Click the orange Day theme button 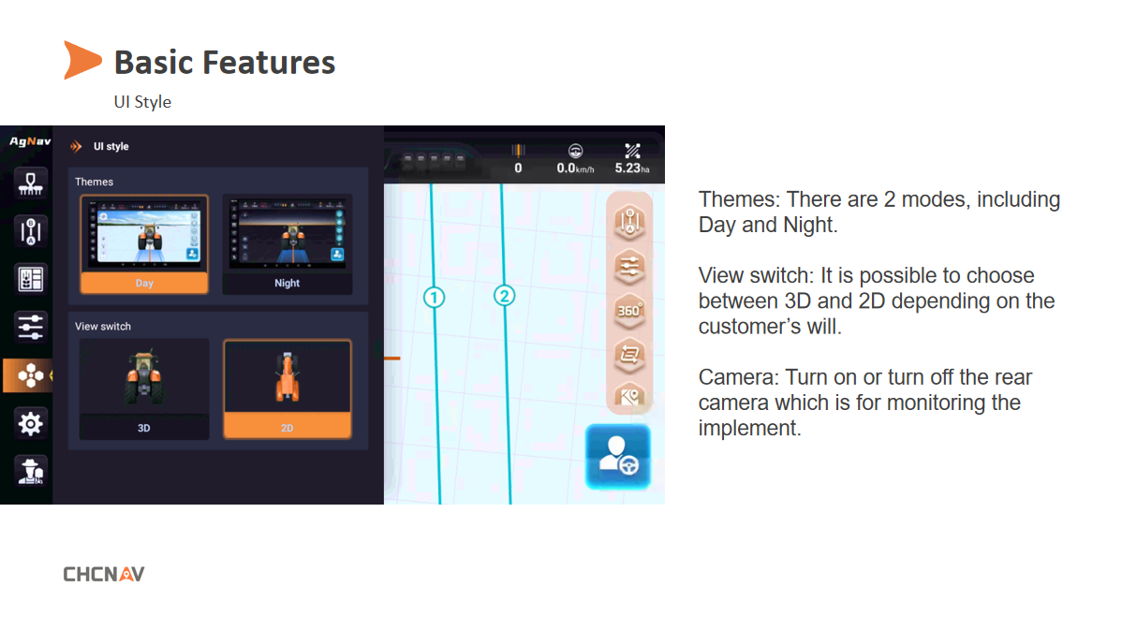[x=144, y=284]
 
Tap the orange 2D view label [x=287, y=428]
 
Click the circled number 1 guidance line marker [x=434, y=297]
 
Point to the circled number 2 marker [x=505, y=295]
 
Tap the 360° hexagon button [x=629, y=311]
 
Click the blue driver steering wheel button [x=618, y=457]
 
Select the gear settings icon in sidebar [x=30, y=424]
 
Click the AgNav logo [x=30, y=140]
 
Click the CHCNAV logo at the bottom [x=104, y=574]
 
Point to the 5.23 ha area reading [x=632, y=168]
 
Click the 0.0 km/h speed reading [x=575, y=168]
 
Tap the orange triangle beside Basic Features [x=81, y=60]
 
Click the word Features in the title [x=269, y=62]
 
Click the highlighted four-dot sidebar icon [x=30, y=375]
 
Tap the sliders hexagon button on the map [x=629, y=267]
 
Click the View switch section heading [x=103, y=326]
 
